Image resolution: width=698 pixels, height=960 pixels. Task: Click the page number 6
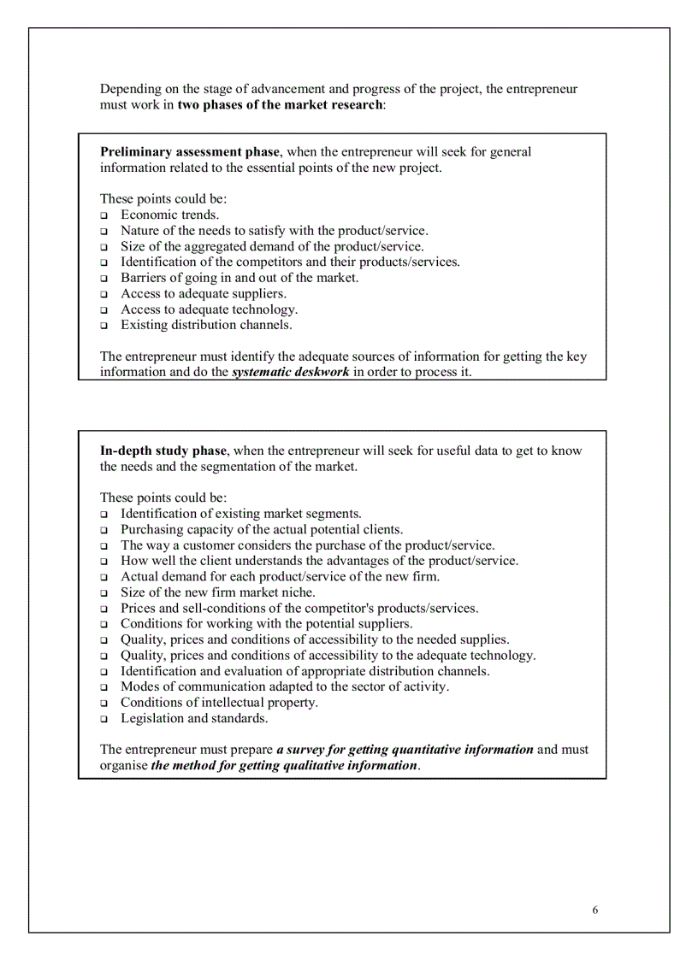pyautogui.click(x=594, y=910)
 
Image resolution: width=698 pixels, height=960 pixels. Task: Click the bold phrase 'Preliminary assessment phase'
pyautogui.click(x=189, y=152)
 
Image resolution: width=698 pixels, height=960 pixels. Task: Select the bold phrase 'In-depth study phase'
pyautogui.click(x=163, y=451)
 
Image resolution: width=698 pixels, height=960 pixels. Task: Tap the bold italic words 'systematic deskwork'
pyautogui.click(x=291, y=373)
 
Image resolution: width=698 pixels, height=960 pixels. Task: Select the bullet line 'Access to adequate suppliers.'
pyautogui.click(x=204, y=294)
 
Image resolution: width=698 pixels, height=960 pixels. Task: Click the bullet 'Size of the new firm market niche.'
pyautogui.click(x=218, y=592)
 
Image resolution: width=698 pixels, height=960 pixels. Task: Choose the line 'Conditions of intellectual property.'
pyautogui.click(x=219, y=703)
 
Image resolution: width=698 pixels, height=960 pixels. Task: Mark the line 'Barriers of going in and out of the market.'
pyautogui.click(x=240, y=278)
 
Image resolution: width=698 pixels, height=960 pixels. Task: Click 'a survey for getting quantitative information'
pyautogui.click(x=405, y=750)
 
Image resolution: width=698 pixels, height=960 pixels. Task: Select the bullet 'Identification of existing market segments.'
pyautogui.click(x=240, y=514)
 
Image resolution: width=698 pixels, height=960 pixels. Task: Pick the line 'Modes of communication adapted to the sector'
pyautogui.click(x=284, y=686)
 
